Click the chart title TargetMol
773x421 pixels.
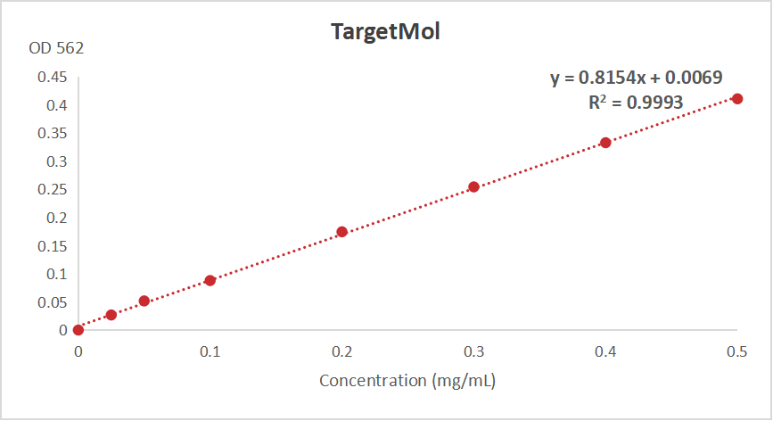tap(386, 32)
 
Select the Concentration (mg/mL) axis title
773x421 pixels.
tap(407, 381)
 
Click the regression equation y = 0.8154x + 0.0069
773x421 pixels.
tap(636, 78)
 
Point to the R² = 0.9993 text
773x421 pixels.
tap(636, 102)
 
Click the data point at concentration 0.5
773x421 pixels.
tap(737, 98)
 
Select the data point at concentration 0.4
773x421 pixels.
tap(605, 143)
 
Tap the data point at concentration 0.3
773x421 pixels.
tap(473, 186)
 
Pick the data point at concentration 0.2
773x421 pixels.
tap(341, 232)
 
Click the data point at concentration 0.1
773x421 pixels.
tap(210, 280)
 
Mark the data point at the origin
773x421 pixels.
tap(78, 330)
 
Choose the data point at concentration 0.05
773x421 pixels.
tap(144, 301)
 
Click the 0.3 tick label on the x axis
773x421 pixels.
tap(473, 352)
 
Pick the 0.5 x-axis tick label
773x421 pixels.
tap(736, 352)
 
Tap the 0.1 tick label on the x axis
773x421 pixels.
tap(210, 352)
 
